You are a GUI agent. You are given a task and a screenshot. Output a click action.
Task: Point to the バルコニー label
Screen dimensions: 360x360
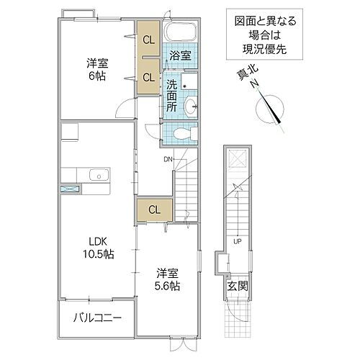click(x=97, y=318)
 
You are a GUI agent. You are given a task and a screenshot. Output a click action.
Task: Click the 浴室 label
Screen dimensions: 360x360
click(x=179, y=55)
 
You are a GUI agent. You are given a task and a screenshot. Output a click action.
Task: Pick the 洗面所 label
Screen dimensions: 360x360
click(x=171, y=94)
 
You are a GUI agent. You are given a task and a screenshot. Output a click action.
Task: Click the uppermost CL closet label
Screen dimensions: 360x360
click(x=148, y=40)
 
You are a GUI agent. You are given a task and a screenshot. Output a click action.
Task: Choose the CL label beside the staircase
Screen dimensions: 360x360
click(x=154, y=210)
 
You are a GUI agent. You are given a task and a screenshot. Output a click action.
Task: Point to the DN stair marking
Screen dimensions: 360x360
click(x=168, y=159)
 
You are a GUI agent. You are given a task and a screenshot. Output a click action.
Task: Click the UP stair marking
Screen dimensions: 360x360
click(x=235, y=241)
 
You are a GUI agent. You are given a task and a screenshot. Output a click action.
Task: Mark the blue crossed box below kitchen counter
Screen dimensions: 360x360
click(x=71, y=189)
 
